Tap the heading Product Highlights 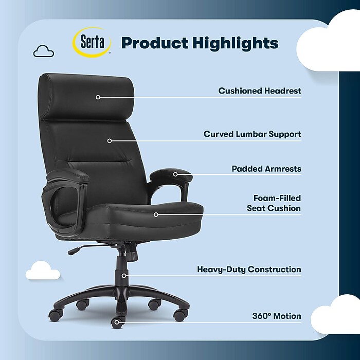click(x=200, y=43)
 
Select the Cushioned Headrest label click(x=260, y=91)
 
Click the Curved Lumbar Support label click(x=252, y=134)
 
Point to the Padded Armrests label click(x=266, y=169)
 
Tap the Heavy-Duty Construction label click(x=249, y=269)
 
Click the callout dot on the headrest click(x=98, y=97)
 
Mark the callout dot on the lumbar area click(x=110, y=140)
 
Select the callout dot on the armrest click(x=175, y=174)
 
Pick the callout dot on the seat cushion click(x=156, y=214)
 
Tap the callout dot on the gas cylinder click(x=124, y=276)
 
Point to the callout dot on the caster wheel click(x=117, y=323)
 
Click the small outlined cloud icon click(x=43, y=51)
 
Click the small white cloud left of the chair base click(x=43, y=271)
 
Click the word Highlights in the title click(x=236, y=43)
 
